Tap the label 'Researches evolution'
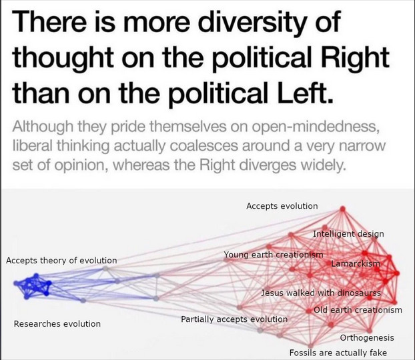pyautogui.click(x=57, y=324)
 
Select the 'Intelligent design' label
pyautogui.click(x=348, y=234)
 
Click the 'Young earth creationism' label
pyautogui.click(x=274, y=255)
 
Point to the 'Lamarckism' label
pyautogui.click(x=356, y=264)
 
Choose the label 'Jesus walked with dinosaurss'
pyautogui.click(x=321, y=293)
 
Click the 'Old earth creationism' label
pyautogui.click(x=358, y=310)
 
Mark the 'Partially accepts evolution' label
pyautogui.click(x=234, y=319)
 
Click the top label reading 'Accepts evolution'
pyautogui.click(x=282, y=207)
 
